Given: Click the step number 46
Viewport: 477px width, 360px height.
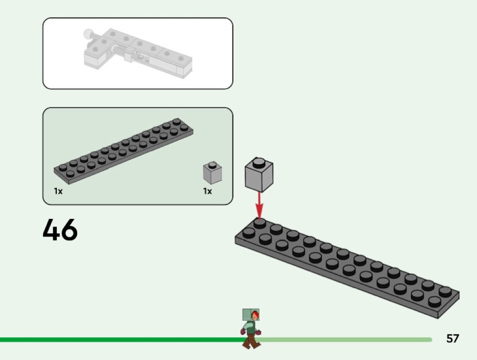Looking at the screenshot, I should click(x=60, y=230).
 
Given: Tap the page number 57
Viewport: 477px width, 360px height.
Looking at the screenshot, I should click(x=452, y=339).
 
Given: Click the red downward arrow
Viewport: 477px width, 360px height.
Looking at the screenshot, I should click(x=259, y=204).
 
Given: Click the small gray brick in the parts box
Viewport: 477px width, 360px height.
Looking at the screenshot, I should click(x=212, y=173).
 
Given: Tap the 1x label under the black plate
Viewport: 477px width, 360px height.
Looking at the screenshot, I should click(x=58, y=192).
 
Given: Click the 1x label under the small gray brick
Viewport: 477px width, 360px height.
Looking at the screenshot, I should click(x=207, y=192).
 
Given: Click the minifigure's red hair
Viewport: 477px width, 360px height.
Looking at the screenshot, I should click(x=256, y=314).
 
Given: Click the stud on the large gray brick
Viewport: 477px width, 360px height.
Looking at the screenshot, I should click(x=258, y=162).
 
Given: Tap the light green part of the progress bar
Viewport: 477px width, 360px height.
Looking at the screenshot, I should click(x=345, y=340).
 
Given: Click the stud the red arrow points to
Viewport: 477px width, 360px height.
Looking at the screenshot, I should click(x=259, y=223).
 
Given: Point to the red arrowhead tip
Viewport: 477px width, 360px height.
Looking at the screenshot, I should click(x=259, y=217).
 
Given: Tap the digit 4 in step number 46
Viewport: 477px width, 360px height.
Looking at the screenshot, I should click(x=51, y=230).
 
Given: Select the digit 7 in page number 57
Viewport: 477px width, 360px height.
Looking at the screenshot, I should click(x=456, y=339).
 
